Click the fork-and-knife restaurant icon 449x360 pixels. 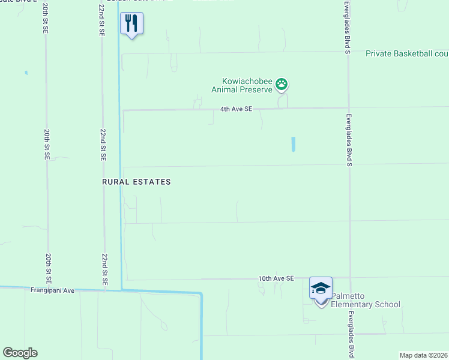131,23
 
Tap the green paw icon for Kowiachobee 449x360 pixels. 282,85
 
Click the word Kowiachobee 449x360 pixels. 247,81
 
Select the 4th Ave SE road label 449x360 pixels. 237,109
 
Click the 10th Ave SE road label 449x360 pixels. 276,278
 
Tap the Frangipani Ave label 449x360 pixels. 52,290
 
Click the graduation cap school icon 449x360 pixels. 321,288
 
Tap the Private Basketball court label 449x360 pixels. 407,54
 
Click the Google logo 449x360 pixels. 20,352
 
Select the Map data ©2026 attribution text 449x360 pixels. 423,355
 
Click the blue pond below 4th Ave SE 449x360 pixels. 293,144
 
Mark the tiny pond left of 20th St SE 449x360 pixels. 26,73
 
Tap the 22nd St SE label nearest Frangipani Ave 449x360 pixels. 104,268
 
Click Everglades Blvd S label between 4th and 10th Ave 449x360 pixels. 348,139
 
